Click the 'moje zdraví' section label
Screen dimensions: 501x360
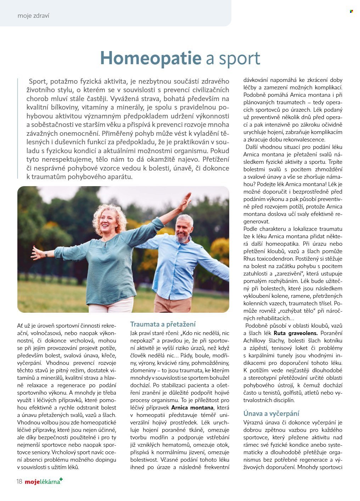pyautogui.click(x=33, y=16)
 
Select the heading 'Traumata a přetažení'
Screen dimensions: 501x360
pyautogui.click(x=163, y=324)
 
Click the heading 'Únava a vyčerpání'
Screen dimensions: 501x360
pyautogui.click(x=271, y=413)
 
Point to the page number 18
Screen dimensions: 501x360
pyautogui.click(x=19, y=481)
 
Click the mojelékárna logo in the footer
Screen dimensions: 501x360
pyautogui.click(x=43, y=481)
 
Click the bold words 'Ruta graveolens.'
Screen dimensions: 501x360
pyautogui.click(x=296, y=333)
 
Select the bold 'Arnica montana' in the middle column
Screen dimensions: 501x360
pyautogui.click(x=192, y=408)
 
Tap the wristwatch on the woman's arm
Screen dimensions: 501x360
pyautogui.click(x=46, y=254)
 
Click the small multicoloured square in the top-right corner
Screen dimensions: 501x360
pyautogui.click(x=351, y=11)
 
